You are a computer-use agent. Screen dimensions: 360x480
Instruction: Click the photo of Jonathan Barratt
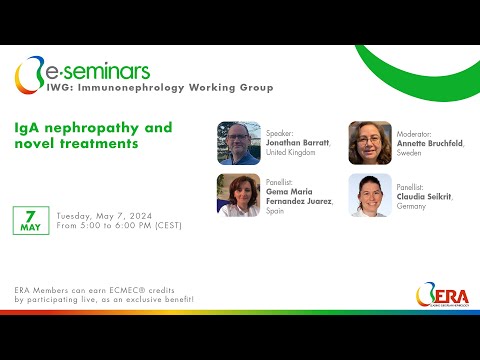pyautogui.click(x=239, y=143)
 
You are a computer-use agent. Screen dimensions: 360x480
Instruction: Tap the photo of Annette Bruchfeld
pyautogui.click(x=369, y=143)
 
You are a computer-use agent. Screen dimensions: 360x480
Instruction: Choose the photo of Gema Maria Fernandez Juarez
pyautogui.click(x=239, y=195)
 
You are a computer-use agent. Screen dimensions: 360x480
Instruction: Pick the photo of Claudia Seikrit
pyautogui.click(x=369, y=195)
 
